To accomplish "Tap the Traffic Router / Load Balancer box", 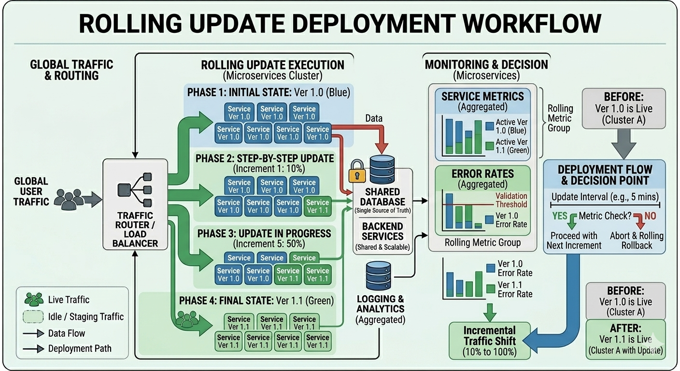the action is [x=135, y=204].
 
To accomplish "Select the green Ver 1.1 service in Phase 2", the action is [x=317, y=206].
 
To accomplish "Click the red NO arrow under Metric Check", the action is [x=639, y=221].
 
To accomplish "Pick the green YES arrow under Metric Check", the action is [x=572, y=221].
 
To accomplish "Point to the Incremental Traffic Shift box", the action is [x=490, y=341].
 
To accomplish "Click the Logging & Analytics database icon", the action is [x=378, y=275].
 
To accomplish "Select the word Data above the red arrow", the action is [x=374, y=118].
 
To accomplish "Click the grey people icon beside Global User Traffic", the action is [x=69, y=200].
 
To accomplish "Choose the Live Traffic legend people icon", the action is [x=34, y=300].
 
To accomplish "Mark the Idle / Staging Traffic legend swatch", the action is [x=33, y=317].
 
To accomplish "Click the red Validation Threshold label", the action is [x=511, y=200].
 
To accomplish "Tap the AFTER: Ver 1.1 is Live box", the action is [x=625, y=339].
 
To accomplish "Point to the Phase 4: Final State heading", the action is [x=256, y=300].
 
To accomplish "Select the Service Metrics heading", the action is [x=482, y=96].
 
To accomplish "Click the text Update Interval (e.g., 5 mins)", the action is [x=605, y=197].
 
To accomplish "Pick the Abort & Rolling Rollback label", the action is [x=637, y=241].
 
